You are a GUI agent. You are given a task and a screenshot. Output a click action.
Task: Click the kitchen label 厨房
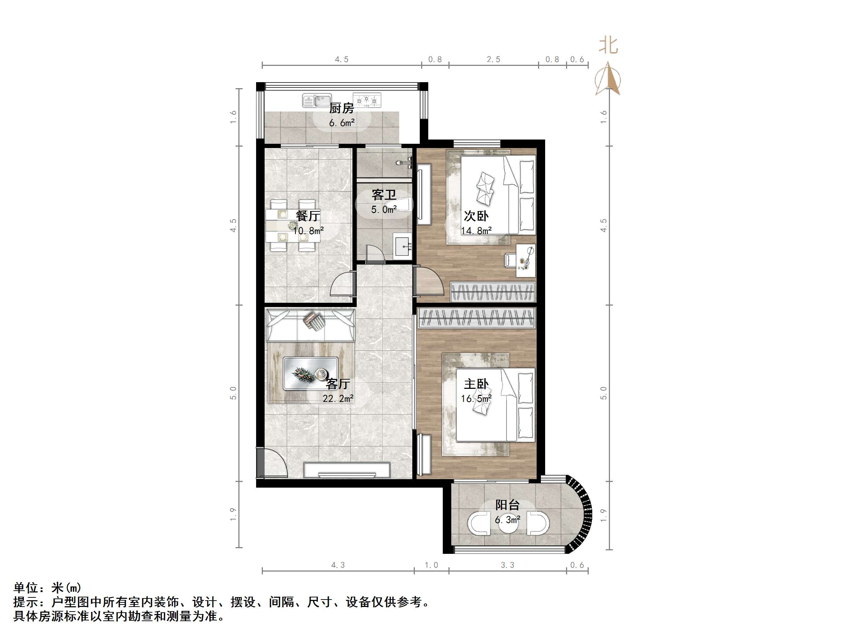pyautogui.click(x=341, y=108)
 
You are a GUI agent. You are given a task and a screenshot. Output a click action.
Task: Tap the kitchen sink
pyautogui.click(x=317, y=101)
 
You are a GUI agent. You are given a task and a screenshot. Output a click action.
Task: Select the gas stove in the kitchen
pyautogui.click(x=367, y=101)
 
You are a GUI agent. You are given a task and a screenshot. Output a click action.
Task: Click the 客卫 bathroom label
pyautogui.click(x=383, y=195)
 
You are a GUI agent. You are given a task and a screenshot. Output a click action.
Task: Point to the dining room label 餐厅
pyautogui.click(x=307, y=216)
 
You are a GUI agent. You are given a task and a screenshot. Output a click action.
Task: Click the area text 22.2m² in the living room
pyautogui.click(x=338, y=399)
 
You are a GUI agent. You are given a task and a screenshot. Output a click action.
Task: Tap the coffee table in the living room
pyautogui.click(x=311, y=373)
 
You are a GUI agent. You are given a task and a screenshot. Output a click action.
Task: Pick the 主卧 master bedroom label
pyautogui.click(x=476, y=384)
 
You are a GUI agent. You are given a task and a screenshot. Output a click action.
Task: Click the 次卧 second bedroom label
pyautogui.click(x=476, y=216)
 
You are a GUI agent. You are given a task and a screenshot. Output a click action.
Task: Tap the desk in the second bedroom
pyautogui.click(x=525, y=260)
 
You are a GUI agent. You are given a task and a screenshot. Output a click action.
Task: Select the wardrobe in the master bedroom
pyautogui.click(x=476, y=318)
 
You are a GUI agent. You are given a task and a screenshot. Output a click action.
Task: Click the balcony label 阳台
pyautogui.click(x=507, y=505)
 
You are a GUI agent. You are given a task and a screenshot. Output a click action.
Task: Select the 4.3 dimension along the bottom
pyautogui.click(x=338, y=565)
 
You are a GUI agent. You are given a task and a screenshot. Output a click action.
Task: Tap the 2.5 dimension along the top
pyautogui.click(x=493, y=59)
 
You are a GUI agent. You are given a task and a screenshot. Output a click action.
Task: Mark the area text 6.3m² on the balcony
pyautogui.click(x=507, y=520)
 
